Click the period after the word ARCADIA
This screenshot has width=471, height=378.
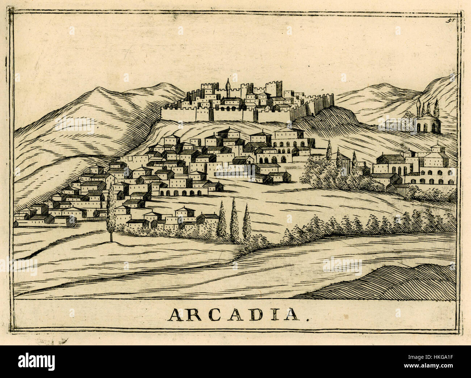(x=308, y=320)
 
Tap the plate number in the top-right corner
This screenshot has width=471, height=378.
(x=450, y=20)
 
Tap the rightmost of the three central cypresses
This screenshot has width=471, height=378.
(x=247, y=223)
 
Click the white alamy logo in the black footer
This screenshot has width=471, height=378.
(x=36, y=361)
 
